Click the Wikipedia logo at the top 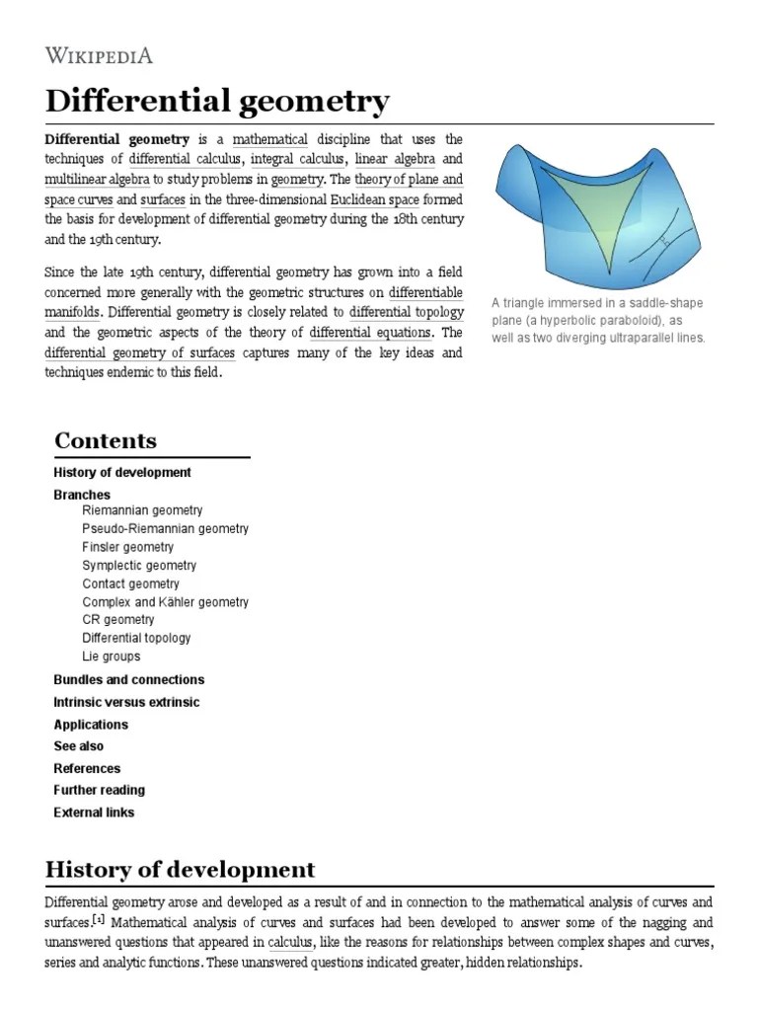click(x=99, y=54)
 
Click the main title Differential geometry click(x=217, y=101)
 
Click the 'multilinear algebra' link click(x=97, y=180)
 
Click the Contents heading click(x=106, y=440)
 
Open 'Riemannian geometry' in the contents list click(x=142, y=510)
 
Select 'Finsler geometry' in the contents click(x=127, y=547)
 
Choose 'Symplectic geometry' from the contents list click(x=139, y=566)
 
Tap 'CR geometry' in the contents click(x=118, y=620)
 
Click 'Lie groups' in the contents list click(x=111, y=657)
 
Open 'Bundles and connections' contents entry click(x=128, y=679)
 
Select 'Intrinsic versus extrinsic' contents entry click(x=126, y=702)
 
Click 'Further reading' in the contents click(x=99, y=790)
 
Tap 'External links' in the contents click(x=94, y=813)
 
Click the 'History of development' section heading click(x=180, y=870)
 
